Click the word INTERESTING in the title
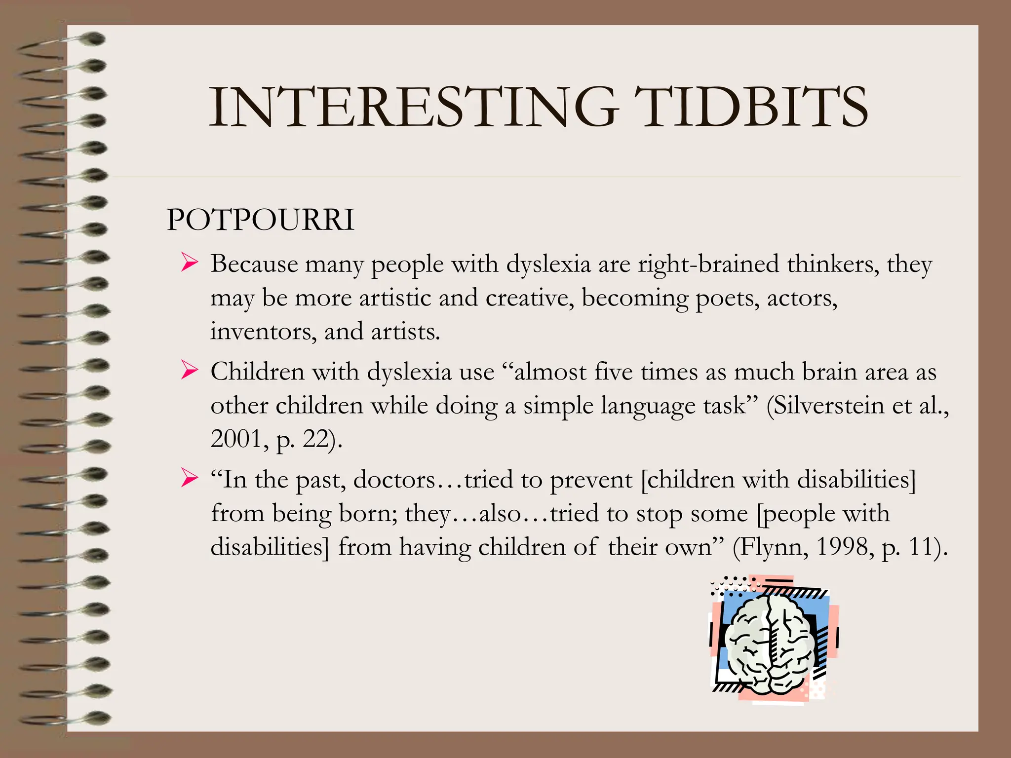(x=414, y=108)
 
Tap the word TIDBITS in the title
(x=750, y=108)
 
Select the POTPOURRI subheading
(x=261, y=220)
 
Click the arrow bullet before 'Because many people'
(x=189, y=262)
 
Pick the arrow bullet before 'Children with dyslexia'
(x=189, y=370)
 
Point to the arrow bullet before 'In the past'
(x=189, y=477)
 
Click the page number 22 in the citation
(x=315, y=438)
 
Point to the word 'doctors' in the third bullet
(x=394, y=480)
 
